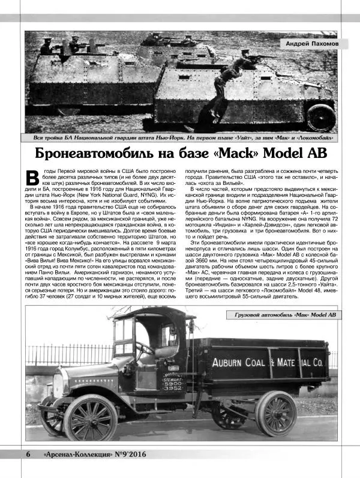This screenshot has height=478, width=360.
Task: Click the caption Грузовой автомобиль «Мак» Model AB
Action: (281, 315)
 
